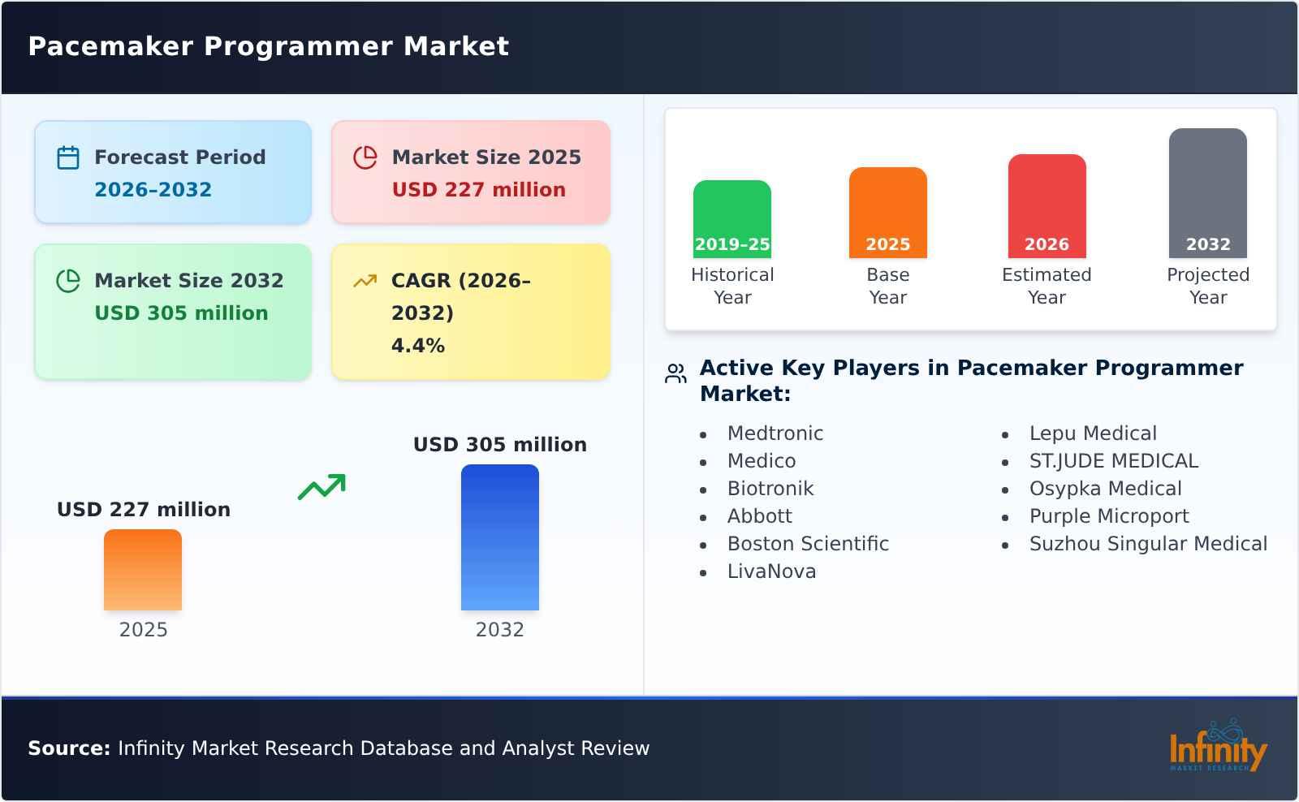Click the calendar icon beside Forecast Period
coord(68,157)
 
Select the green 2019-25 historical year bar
coord(731,218)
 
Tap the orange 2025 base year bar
coord(887,212)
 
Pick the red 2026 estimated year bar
coord(1047,205)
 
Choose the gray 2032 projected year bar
coord(1207,192)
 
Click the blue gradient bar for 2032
coord(499,537)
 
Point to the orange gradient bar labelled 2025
coord(143,569)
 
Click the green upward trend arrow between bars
coord(322,487)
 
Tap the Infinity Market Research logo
coord(1217,747)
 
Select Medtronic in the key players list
coord(775,433)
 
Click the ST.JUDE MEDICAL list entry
coord(1113,461)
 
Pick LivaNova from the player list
coord(771,571)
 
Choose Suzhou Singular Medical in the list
coord(1147,544)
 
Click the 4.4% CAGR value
coord(417,346)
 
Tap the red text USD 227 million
coord(478,190)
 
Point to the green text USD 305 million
coord(181,313)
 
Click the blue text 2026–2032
coord(153,190)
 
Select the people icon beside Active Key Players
coord(675,374)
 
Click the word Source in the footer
coord(68,748)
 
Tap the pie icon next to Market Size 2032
coord(68,281)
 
